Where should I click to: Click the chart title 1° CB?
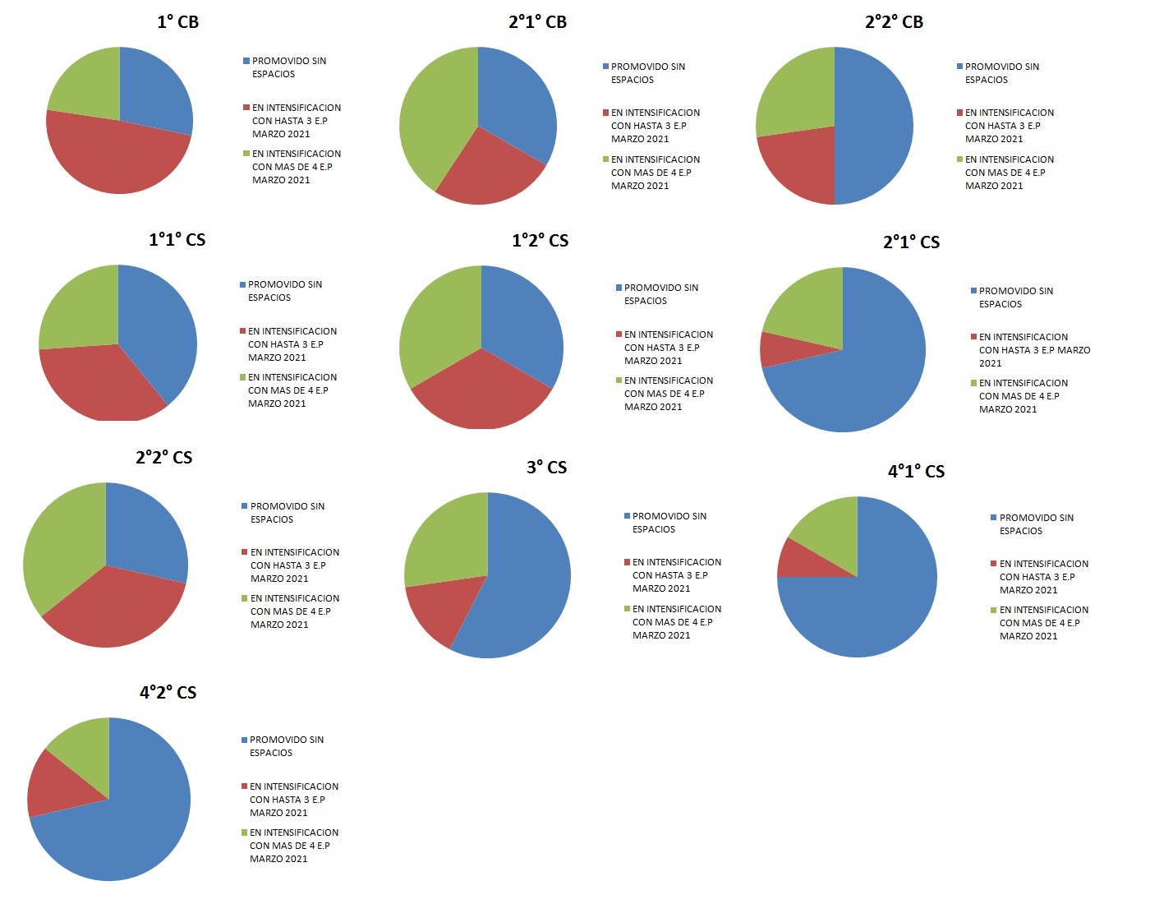pyautogui.click(x=177, y=22)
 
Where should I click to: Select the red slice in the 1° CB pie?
pyautogui.click(x=115, y=156)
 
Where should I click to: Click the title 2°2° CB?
pyautogui.click(x=894, y=22)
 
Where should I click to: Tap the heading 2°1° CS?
pyautogui.click(x=911, y=242)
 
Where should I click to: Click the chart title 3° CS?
pyautogui.click(x=546, y=468)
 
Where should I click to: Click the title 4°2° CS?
pyautogui.click(x=168, y=693)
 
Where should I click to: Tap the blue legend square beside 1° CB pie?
pyautogui.click(x=246, y=62)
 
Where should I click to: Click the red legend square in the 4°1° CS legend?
pyautogui.click(x=994, y=564)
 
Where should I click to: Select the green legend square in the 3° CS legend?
pyautogui.click(x=627, y=609)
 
